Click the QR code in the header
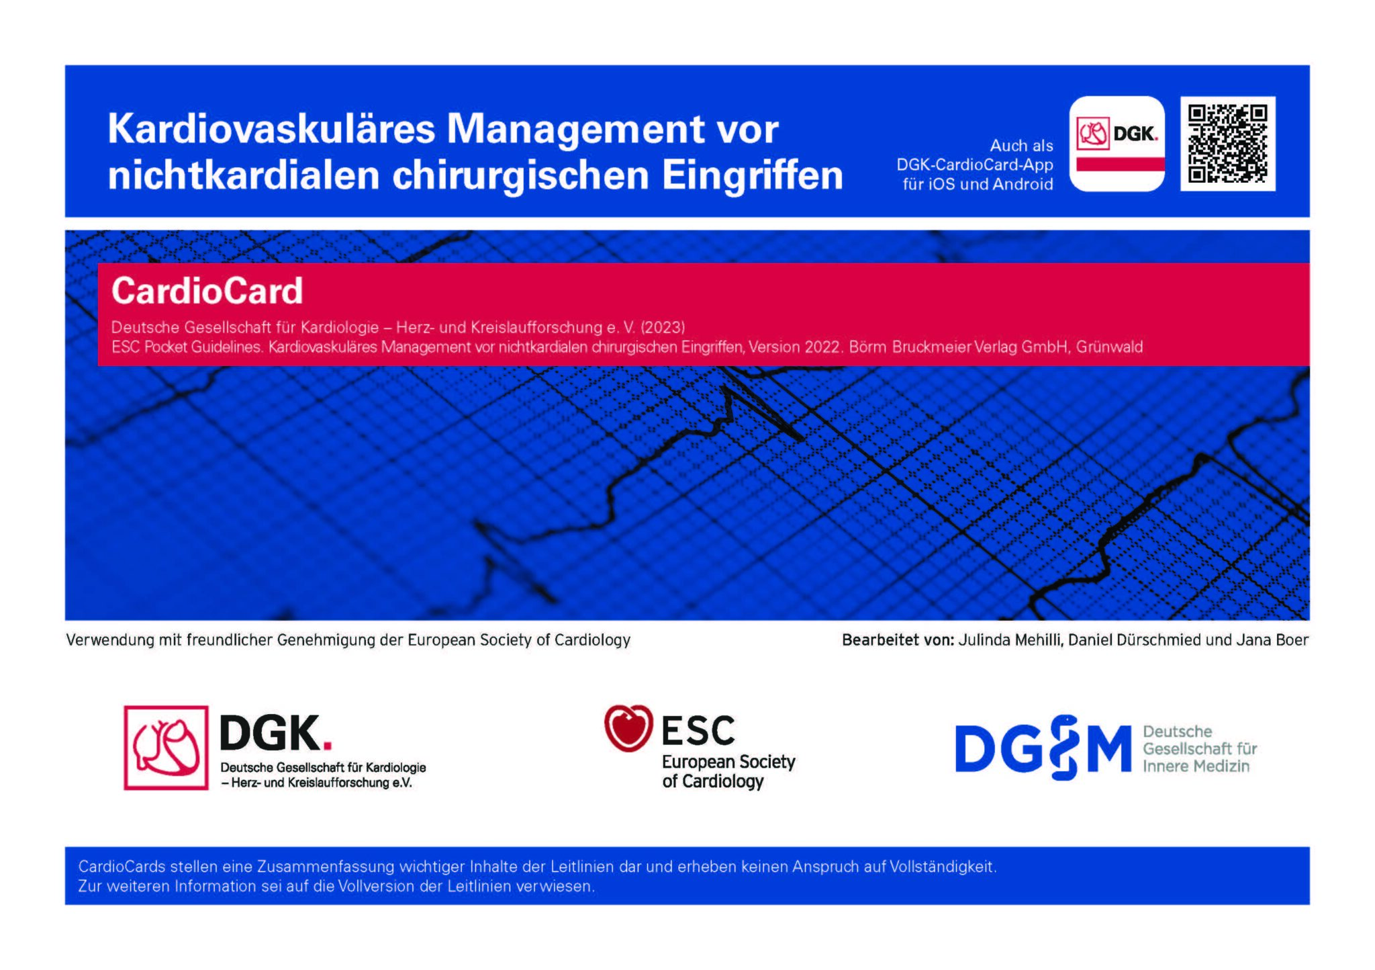coord(1228,144)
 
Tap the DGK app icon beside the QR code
coord(1117,144)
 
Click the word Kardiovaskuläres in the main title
coord(272,128)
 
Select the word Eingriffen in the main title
coord(752,176)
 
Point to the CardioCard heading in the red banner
coord(207,291)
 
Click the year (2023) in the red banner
coord(663,327)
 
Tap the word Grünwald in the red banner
coord(1109,347)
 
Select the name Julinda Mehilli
coord(1010,640)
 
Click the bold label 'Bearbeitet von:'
coord(898,640)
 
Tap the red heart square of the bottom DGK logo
coord(166,748)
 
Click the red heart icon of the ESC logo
coord(628,727)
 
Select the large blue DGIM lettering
coord(1043,748)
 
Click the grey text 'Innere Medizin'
coord(1196,766)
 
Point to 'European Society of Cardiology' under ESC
coord(728,771)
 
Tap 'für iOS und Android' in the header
coord(978,184)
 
